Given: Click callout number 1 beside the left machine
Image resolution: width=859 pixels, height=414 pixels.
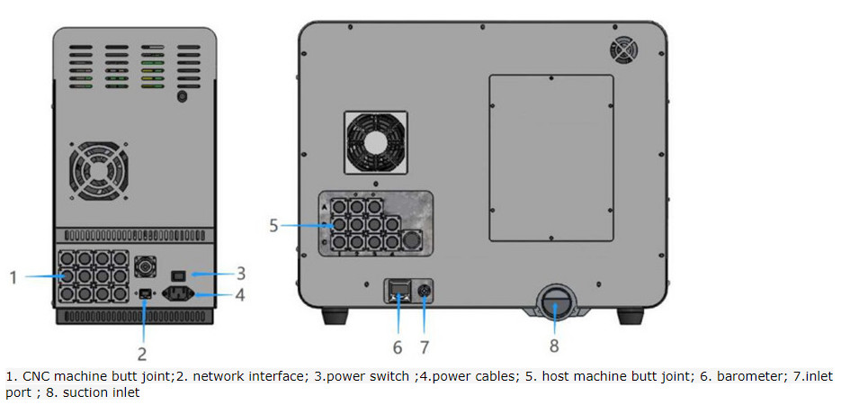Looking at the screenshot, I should [x=13, y=278].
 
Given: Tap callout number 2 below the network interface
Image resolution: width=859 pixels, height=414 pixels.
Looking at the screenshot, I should [x=142, y=354].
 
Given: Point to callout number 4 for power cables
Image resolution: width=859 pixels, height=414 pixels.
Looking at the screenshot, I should [x=241, y=294].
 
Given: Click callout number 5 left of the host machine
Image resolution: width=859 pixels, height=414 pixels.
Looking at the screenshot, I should [x=273, y=225].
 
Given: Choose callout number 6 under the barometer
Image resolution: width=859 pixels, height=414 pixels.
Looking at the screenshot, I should [x=397, y=346].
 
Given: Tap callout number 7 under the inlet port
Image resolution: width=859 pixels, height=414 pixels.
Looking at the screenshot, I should [x=425, y=346].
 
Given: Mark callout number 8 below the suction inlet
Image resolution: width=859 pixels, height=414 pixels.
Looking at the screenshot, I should [x=554, y=346].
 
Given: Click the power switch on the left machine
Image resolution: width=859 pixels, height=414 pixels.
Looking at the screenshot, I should [x=179, y=274].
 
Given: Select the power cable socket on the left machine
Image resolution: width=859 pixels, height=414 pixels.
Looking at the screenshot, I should [x=179, y=293].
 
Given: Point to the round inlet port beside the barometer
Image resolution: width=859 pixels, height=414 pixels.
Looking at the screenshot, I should [x=424, y=290].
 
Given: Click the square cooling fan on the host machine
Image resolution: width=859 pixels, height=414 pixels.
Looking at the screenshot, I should [x=376, y=142].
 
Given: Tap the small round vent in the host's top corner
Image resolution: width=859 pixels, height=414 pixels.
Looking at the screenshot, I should [x=623, y=49].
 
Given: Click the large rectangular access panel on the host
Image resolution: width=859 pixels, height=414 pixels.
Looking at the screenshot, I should [x=550, y=157].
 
